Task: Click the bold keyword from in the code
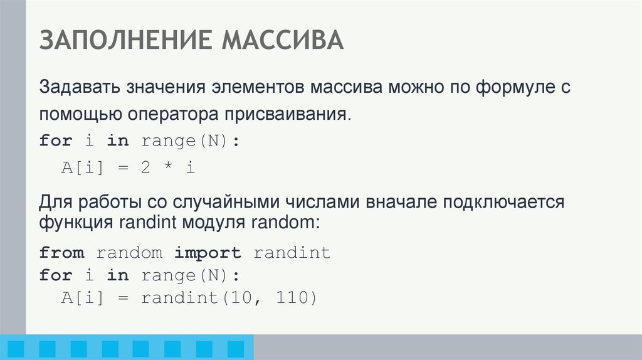[x=61, y=253]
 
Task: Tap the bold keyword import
[x=208, y=253]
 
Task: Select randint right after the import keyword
[x=292, y=253]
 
